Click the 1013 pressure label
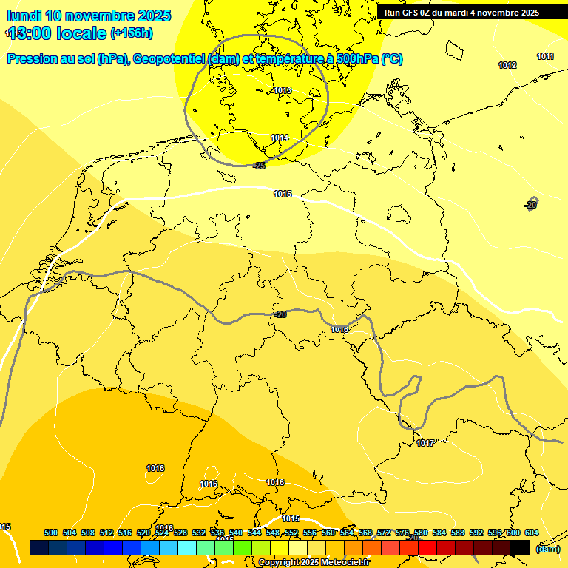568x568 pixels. [x=283, y=90]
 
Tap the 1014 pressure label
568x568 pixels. [x=280, y=138]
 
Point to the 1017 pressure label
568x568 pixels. [x=425, y=443]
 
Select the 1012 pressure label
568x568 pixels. [x=507, y=65]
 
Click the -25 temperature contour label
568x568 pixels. [x=259, y=166]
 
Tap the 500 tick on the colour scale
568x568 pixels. [x=51, y=532]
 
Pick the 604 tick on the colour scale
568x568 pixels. [x=531, y=532]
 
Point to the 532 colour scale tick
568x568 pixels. [x=199, y=532]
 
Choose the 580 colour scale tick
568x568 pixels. [x=421, y=532]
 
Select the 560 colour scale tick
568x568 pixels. [x=328, y=532]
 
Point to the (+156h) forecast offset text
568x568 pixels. [x=132, y=33]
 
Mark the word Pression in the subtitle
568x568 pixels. [x=32, y=58]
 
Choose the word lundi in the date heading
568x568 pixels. [x=24, y=16]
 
